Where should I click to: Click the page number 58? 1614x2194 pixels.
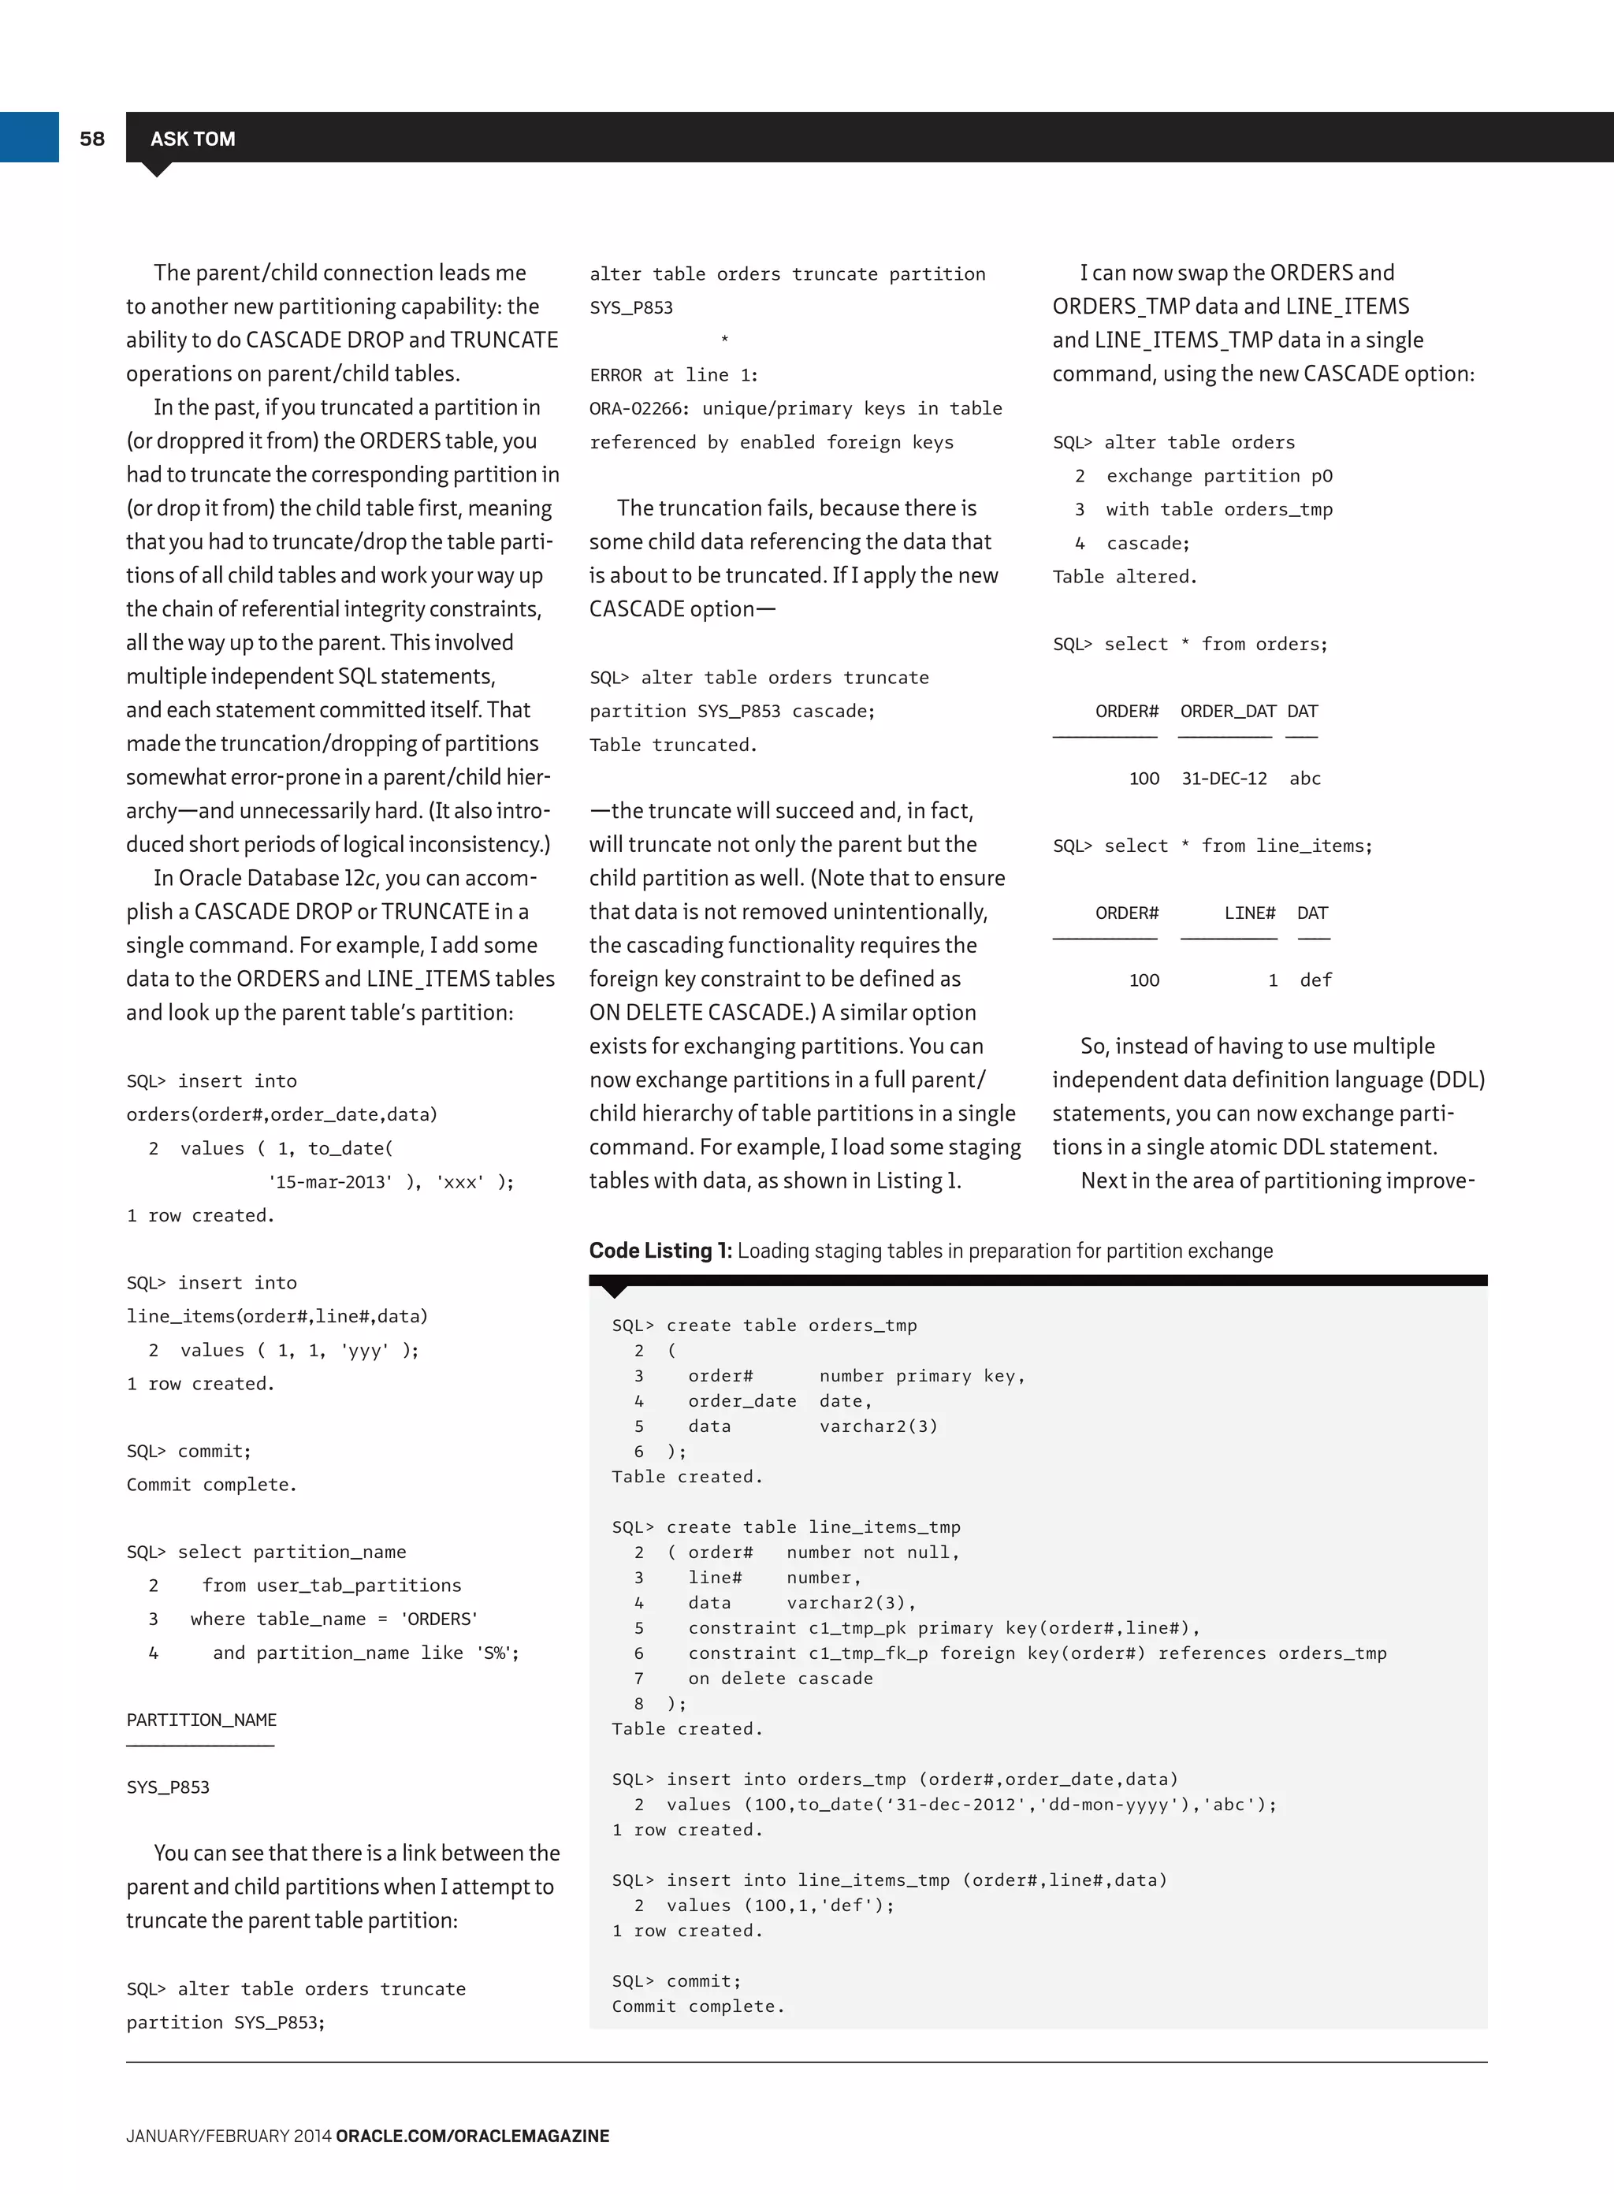[x=92, y=139]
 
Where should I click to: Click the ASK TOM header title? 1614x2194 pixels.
[x=192, y=139]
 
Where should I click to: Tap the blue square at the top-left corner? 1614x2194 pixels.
[x=29, y=137]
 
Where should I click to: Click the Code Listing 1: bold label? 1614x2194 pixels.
[x=660, y=1251]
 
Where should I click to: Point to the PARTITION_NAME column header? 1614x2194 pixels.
[x=201, y=1720]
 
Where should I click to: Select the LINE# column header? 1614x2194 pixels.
[x=1250, y=913]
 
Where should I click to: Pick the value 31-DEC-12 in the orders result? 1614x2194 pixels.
[x=1224, y=779]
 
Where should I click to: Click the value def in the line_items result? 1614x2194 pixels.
[x=1315, y=980]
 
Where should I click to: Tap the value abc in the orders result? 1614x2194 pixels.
[x=1304, y=779]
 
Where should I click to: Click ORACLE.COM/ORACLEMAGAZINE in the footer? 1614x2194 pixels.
[x=472, y=2136]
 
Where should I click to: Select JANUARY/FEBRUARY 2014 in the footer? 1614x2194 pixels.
[x=229, y=2136]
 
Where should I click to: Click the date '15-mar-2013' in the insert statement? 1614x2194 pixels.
[x=330, y=1182]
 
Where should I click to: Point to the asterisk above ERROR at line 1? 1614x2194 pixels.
[x=724, y=340]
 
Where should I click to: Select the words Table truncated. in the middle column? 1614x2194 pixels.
[x=673, y=745]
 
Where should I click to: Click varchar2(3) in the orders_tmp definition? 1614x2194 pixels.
[x=878, y=1426]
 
